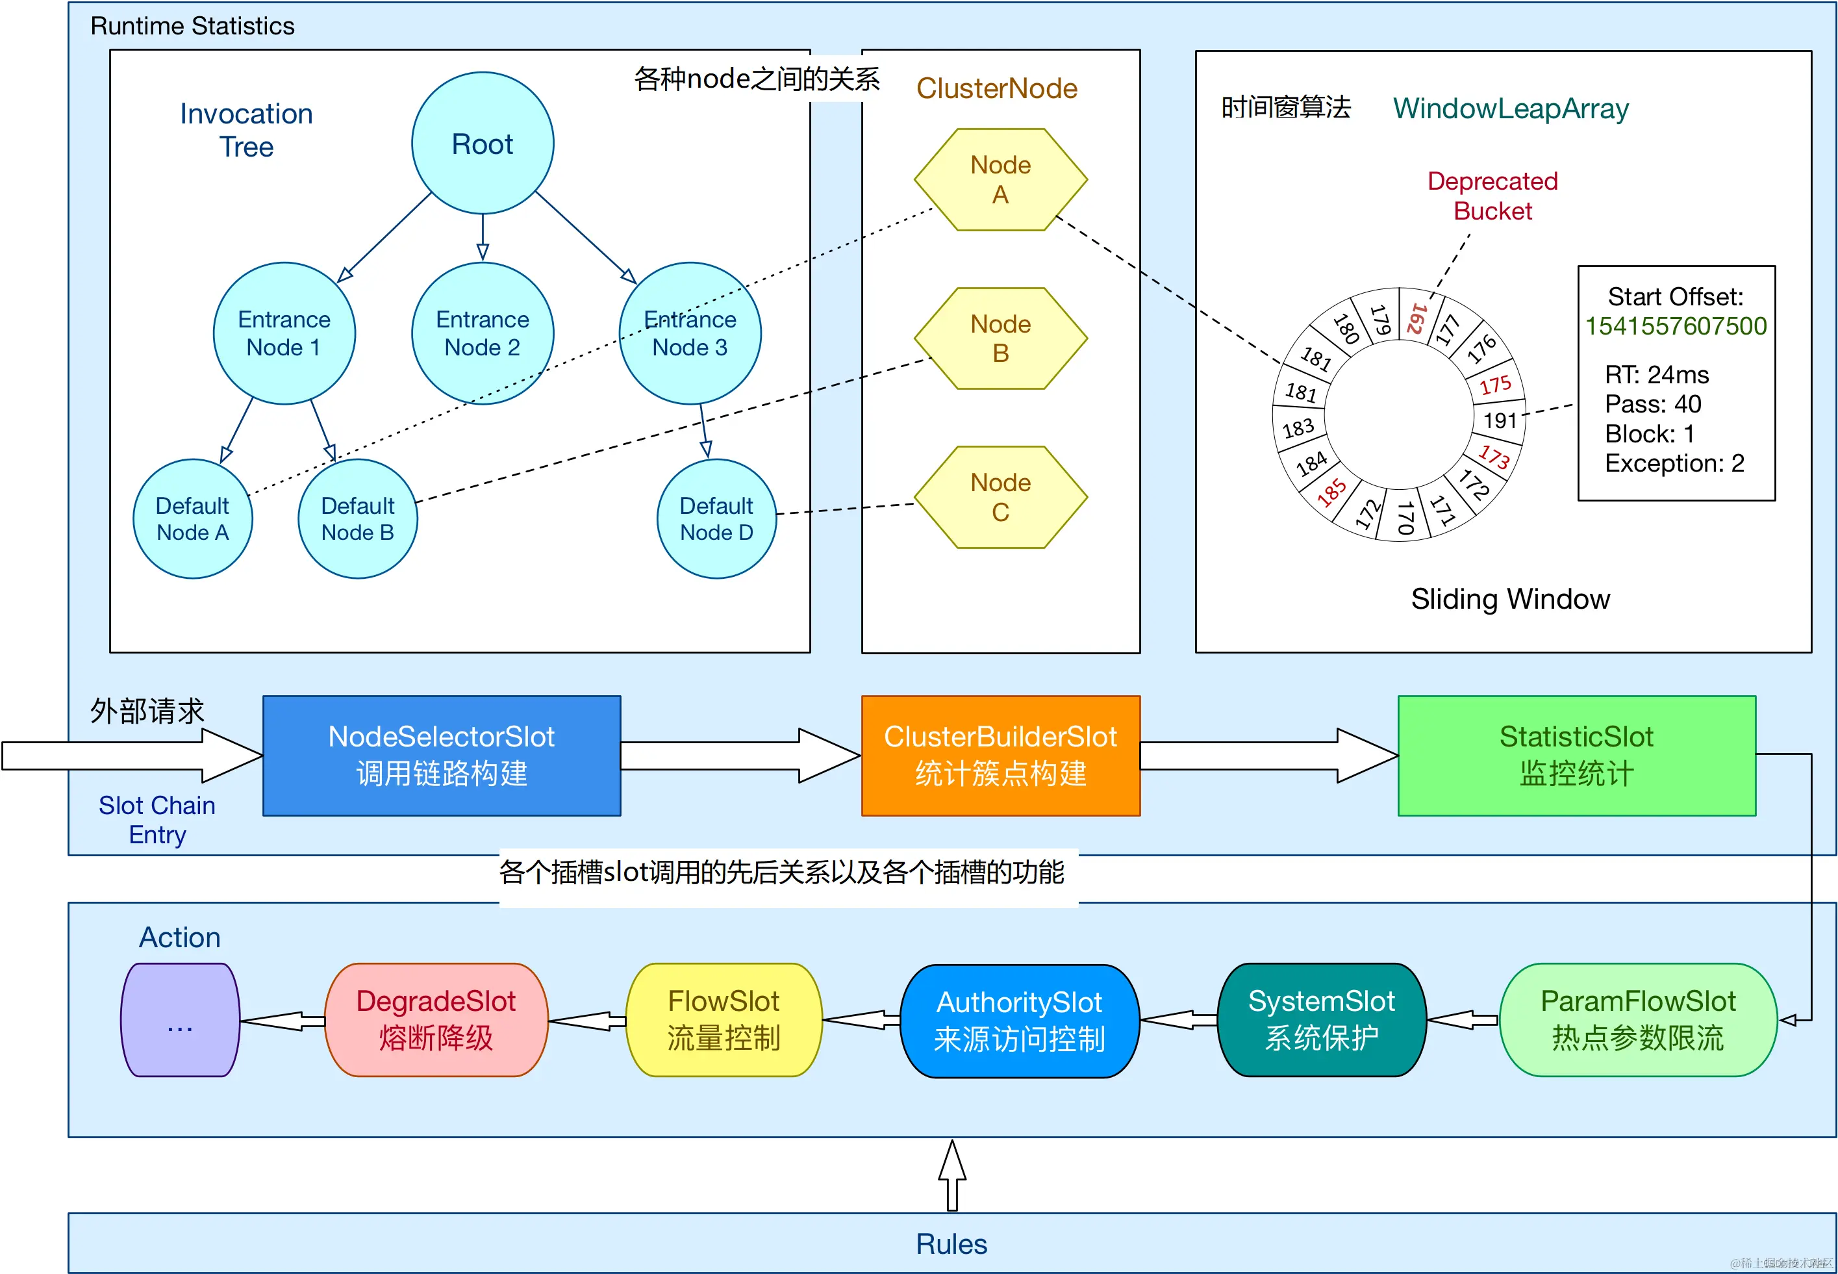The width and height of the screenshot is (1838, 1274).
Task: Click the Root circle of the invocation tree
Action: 482,144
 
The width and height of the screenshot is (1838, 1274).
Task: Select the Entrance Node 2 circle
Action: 482,334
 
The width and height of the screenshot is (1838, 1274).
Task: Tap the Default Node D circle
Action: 716,519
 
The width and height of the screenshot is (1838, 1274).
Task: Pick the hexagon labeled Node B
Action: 1000,338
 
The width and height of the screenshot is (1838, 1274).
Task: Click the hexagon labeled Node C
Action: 1000,497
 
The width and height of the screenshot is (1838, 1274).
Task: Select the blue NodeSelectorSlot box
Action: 442,755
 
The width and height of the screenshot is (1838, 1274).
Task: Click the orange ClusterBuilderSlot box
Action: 1000,755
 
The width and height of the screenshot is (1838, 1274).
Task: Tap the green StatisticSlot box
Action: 1576,755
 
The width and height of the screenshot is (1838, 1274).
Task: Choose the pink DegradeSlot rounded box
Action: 436,1019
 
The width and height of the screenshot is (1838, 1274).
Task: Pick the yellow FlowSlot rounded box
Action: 723,1019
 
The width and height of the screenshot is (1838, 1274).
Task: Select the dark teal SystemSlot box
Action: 1321,1019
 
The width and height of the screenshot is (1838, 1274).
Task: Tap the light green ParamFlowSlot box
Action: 1638,1019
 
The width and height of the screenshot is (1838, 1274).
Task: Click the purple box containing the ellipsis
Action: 179,1019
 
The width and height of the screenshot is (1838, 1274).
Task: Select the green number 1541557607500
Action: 1675,325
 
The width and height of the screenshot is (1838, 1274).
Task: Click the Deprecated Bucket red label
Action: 1492,196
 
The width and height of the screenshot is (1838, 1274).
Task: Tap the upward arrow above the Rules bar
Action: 951,1175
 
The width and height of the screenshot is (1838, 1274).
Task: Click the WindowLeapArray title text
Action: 1510,108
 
